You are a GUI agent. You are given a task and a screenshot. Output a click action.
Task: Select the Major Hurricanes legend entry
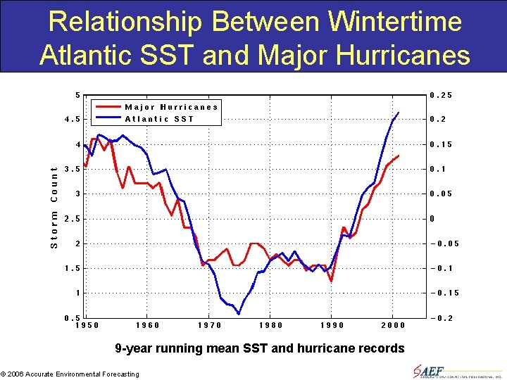point(171,107)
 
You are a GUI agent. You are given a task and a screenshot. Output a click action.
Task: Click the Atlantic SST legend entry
point(159,119)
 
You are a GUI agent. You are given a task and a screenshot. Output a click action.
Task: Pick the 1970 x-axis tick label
point(209,325)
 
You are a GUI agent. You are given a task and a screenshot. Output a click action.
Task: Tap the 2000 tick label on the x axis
point(393,325)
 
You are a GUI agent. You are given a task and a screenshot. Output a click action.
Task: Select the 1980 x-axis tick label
point(271,325)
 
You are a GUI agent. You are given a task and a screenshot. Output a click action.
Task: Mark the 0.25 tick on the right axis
point(441,95)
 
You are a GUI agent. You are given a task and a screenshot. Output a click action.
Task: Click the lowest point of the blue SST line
point(239,314)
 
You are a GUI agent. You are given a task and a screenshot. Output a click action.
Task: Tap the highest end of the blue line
point(399,113)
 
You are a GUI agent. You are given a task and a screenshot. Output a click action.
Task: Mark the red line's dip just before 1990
point(330,281)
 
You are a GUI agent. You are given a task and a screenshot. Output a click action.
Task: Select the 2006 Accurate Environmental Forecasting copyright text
point(70,374)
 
